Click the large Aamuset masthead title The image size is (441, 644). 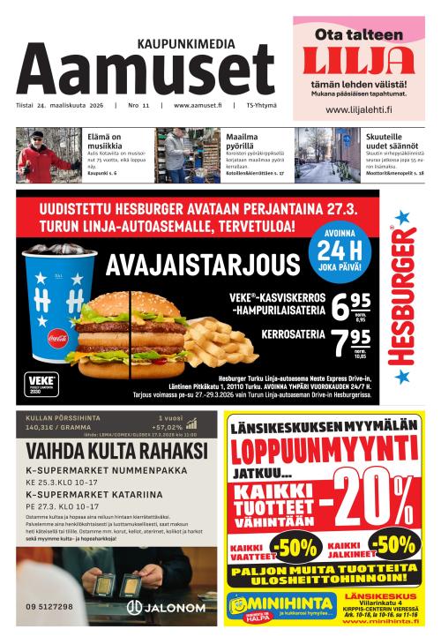pos(146,71)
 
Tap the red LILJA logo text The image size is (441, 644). pos(358,60)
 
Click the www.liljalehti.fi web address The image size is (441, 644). pos(358,110)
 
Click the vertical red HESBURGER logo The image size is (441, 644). pos(402,296)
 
